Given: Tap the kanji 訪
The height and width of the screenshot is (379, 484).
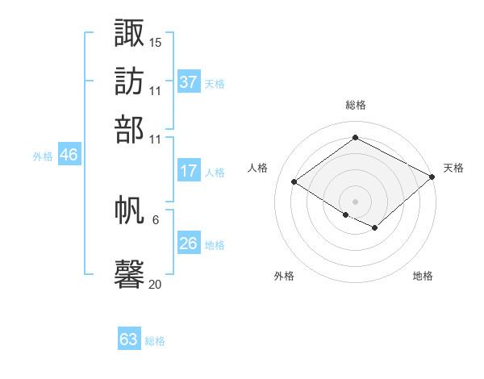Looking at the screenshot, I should tap(130, 81).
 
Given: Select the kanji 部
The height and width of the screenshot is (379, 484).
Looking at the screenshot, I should tap(130, 129).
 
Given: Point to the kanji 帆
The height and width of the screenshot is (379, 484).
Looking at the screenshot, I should tap(130, 212).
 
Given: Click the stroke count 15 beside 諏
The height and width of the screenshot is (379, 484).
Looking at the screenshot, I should tap(156, 41).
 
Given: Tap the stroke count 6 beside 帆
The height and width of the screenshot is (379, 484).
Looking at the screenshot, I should tap(156, 219).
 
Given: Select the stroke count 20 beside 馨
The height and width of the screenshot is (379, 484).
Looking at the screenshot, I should tap(156, 284).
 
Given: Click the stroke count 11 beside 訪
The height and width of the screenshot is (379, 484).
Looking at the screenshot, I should tap(156, 90).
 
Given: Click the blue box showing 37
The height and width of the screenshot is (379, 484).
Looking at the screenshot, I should tap(189, 82).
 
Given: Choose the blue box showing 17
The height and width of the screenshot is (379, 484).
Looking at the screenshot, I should tap(189, 171).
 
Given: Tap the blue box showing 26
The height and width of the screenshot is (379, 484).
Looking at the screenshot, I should tap(189, 244).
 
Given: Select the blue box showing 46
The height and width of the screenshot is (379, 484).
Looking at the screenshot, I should tap(69, 156).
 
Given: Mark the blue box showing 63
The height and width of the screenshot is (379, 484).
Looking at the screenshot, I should tap(129, 339).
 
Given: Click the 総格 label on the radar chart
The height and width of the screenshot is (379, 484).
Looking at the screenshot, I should tap(355, 105).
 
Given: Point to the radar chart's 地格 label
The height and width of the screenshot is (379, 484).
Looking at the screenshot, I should tap(423, 276).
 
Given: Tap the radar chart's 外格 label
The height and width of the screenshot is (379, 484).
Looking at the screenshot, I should tap(284, 276).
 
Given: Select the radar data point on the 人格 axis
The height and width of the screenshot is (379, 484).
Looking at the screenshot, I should tap(294, 182).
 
